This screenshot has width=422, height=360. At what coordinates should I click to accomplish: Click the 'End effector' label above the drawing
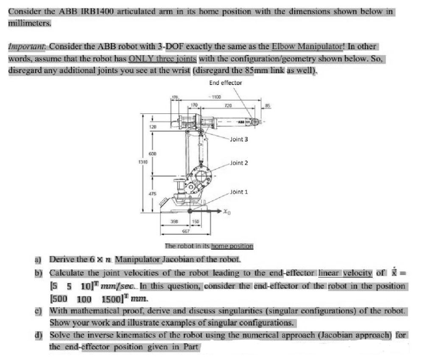coord(225,83)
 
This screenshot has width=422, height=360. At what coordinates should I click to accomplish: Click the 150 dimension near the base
coord(196,221)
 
